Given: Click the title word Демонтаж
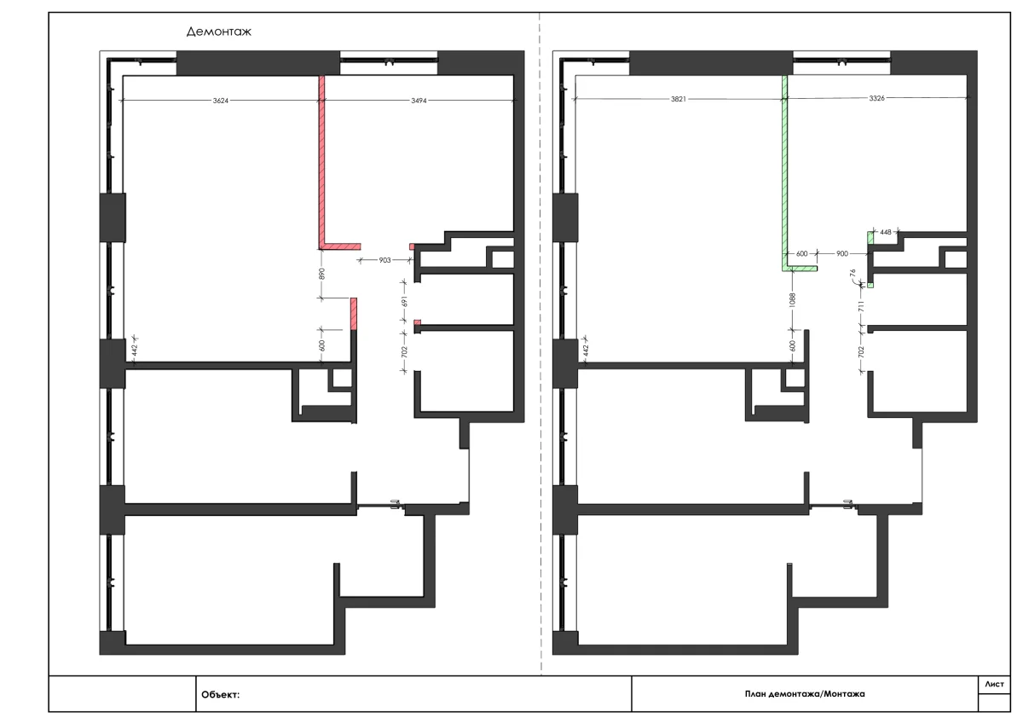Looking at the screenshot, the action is pos(219,32).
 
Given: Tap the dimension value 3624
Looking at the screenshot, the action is pos(221,101).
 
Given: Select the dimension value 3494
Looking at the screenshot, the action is pos(419,101).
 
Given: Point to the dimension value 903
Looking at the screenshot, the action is pos(384,260).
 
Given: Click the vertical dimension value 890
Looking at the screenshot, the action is pos(321,274).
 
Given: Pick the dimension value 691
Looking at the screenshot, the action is pos(404,302).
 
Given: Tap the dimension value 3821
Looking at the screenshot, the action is pos(679,99).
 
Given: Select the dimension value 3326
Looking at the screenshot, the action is pos(876,98).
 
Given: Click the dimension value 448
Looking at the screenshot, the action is pos(886,232).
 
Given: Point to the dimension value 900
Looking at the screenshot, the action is pos(841,253).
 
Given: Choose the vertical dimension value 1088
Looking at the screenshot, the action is pos(792,299).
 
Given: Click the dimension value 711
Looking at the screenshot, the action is pos(861,306).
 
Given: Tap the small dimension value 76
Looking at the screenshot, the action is pos(852,273).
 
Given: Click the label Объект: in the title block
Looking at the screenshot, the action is pos(220,695).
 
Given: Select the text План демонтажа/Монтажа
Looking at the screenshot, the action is pos(805,694).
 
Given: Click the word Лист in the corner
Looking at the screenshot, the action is pos(994,684).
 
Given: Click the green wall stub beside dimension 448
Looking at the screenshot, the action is pos(870,238).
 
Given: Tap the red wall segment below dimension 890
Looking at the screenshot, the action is pos(354,314).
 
